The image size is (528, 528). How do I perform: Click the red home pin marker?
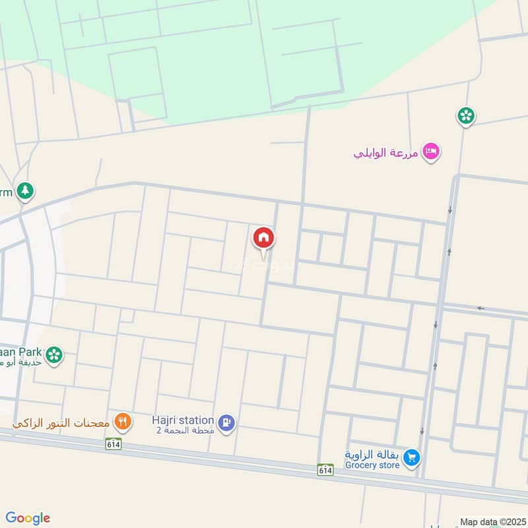coord(263,238)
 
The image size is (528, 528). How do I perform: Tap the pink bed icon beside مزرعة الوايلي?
coord(432,152)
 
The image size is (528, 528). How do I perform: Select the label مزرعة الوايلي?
coord(387,153)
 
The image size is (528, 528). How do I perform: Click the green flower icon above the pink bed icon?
coord(466,116)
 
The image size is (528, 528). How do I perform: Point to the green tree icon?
coord(25,191)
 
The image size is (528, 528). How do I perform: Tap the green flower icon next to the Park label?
coord(55,355)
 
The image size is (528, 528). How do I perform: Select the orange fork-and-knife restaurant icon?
coord(122,420)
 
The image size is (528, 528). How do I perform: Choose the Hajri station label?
coord(183,420)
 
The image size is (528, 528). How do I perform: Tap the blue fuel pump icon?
coord(226,423)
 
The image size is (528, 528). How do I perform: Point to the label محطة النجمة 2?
coord(185,430)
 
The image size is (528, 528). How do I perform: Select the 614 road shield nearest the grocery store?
coord(324,469)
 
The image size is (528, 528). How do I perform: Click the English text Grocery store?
coord(372,465)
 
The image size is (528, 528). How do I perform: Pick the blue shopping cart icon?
coord(411,458)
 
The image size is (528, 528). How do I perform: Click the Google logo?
coord(28,517)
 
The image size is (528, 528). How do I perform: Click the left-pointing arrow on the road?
coord(481,308)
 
